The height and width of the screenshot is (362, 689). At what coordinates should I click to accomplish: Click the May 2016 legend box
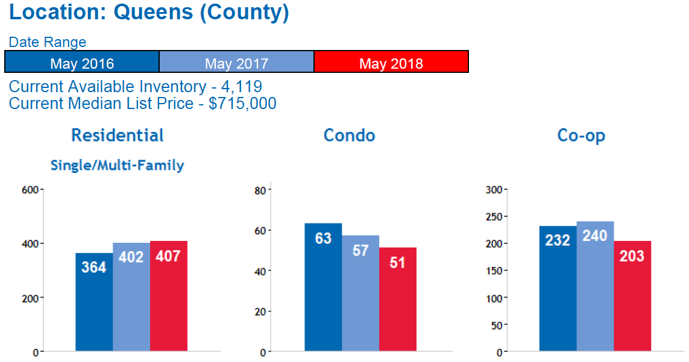point(82,62)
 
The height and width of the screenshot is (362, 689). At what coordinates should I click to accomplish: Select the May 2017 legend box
point(236,62)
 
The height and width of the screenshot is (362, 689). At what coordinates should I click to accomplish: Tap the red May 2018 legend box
point(391,62)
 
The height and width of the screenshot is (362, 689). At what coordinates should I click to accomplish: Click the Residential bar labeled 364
point(94,302)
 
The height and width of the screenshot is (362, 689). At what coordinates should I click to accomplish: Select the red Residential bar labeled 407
point(169,296)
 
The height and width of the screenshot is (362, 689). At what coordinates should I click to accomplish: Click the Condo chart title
point(349,136)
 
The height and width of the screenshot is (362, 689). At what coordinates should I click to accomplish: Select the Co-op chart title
point(581,136)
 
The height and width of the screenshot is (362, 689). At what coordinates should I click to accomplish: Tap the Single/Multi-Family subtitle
point(117,165)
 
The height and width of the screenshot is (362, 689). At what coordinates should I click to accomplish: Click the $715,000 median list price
point(242,104)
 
